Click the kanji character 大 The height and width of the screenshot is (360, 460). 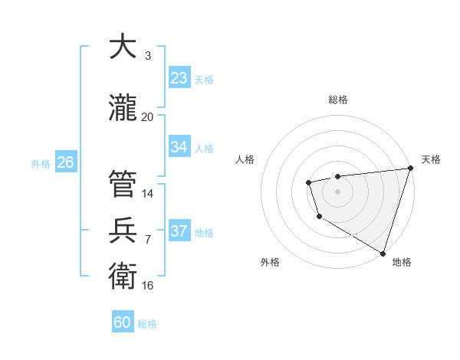coord(123,47)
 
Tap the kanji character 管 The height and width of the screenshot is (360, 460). coord(123,184)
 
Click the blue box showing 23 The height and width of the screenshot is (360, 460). coord(179,78)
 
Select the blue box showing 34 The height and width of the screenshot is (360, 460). coord(179,147)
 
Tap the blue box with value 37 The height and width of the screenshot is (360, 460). coord(179,231)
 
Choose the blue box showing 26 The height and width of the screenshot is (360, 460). coord(65,162)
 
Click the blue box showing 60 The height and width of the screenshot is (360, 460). coord(123,322)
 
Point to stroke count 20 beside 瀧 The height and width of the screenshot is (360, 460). coord(147,116)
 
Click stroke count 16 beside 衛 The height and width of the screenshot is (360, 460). coord(147,286)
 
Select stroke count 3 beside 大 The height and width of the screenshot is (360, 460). coord(147,55)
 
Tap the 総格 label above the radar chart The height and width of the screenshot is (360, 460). coord(337,100)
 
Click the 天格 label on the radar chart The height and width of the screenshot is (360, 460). coord(431,159)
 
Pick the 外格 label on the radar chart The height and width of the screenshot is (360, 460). coord(270,262)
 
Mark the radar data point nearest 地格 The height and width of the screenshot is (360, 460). coord(383,252)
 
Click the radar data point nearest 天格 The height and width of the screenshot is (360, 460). coord(410,169)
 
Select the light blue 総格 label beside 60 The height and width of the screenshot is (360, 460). coord(147,324)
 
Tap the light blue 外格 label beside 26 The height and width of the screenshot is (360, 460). coord(41,163)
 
